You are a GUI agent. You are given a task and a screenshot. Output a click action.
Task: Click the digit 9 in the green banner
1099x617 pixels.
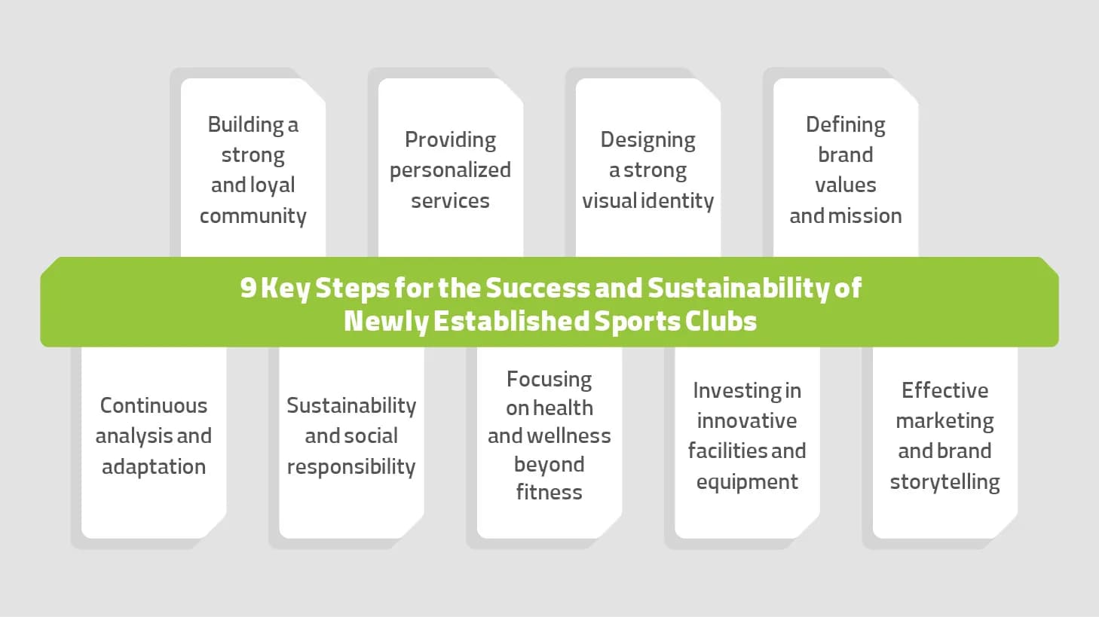248,288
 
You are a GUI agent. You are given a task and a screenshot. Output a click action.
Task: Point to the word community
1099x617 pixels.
253,216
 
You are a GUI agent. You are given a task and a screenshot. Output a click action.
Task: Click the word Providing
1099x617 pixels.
450,141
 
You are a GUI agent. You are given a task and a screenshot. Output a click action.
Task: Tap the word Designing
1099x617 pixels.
647,141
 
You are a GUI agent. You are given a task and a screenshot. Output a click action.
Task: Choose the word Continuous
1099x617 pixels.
154,405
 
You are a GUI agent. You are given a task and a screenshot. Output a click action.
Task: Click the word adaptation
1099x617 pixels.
154,467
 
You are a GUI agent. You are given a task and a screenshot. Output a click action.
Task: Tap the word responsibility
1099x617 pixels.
351,467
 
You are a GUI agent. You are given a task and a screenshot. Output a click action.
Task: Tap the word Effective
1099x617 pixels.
944,391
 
